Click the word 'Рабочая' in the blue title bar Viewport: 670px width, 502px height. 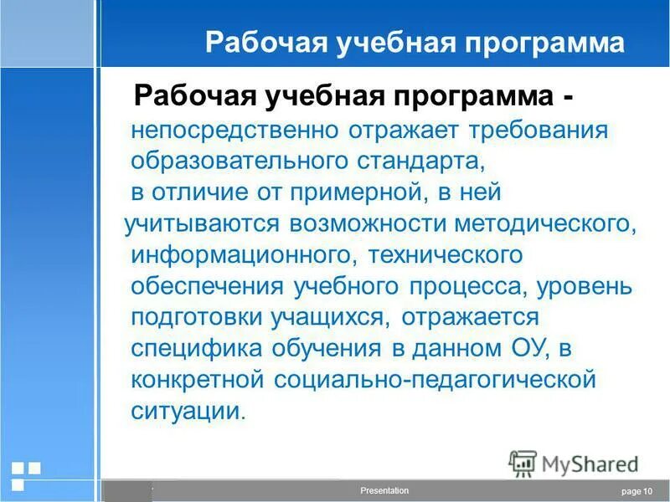tap(254, 44)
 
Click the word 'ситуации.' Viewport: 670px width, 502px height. tap(189, 411)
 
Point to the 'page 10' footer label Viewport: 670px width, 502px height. tap(636, 492)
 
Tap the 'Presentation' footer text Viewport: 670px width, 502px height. tap(384, 491)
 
